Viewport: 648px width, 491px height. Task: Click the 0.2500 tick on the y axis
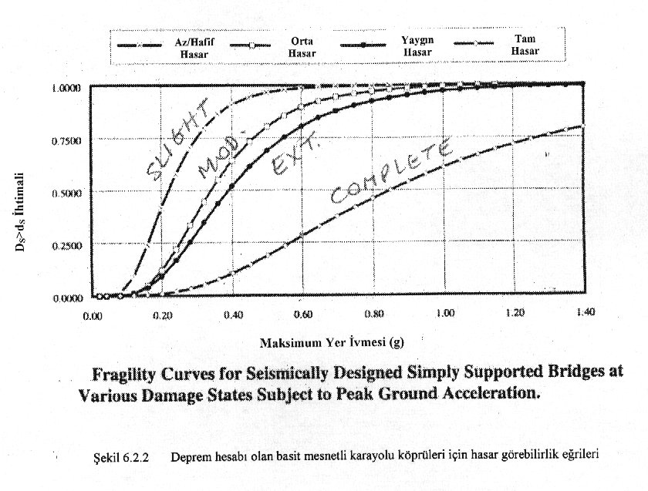pos(67,245)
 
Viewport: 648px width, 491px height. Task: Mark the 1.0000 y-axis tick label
pos(67,88)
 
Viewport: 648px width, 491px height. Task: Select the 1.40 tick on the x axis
pos(583,313)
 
